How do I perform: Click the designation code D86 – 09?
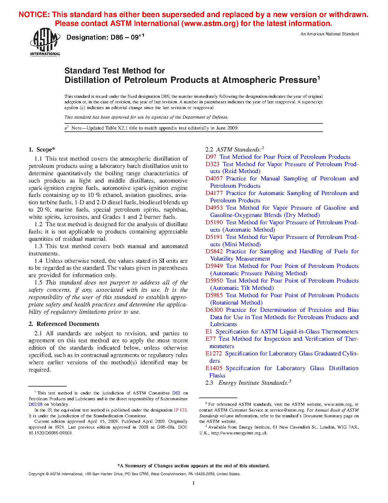point(105,37)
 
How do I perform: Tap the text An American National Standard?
point(329,34)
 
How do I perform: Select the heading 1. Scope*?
point(42,149)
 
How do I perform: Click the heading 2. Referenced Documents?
point(64,324)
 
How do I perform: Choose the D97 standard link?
point(211,157)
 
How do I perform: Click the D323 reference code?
point(212,164)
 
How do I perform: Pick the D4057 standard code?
point(214,179)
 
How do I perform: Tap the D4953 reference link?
point(214,208)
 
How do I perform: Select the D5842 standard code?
point(214,252)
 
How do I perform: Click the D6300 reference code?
point(214,310)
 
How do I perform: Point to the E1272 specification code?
point(214,354)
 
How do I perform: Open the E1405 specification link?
point(214,368)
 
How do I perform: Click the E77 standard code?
point(211,339)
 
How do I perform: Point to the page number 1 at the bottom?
point(194,483)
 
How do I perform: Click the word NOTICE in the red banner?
point(34,15)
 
